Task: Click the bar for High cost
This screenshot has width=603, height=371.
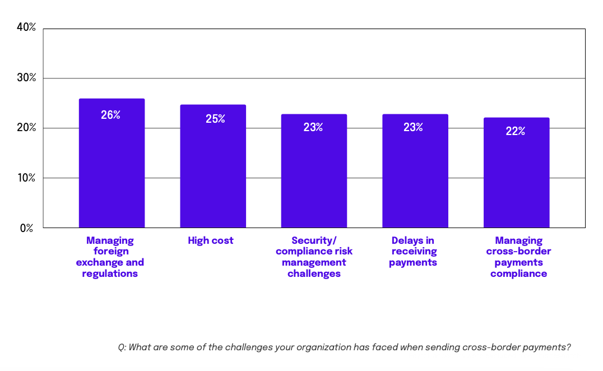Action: point(213,168)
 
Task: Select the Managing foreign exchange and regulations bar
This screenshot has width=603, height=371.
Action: point(112,168)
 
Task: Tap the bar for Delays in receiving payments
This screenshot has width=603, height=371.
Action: point(415,174)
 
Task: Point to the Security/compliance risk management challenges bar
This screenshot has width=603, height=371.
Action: point(314,174)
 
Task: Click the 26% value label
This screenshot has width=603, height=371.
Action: point(111,115)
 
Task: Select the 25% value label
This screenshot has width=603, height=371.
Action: point(215,119)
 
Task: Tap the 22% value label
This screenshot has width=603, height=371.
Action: point(515,131)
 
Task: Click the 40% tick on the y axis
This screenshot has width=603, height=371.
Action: point(26,27)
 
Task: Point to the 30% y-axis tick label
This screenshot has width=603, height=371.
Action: point(26,77)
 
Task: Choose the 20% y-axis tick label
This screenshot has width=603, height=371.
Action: point(26,128)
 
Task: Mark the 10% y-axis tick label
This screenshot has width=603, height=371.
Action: point(26,178)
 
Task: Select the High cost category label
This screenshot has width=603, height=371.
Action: point(211,240)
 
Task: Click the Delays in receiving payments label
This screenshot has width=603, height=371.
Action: point(413,251)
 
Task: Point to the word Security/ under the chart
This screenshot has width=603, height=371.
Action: point(314,240)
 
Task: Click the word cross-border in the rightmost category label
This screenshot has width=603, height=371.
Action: point(519,251)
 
